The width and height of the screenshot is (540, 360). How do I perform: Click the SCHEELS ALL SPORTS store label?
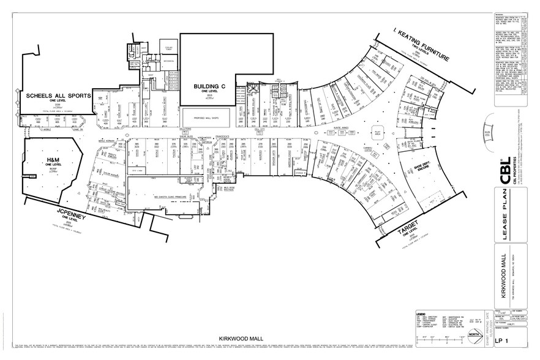click(58, 97)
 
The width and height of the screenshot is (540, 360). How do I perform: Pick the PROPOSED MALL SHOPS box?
click(205, 117)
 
